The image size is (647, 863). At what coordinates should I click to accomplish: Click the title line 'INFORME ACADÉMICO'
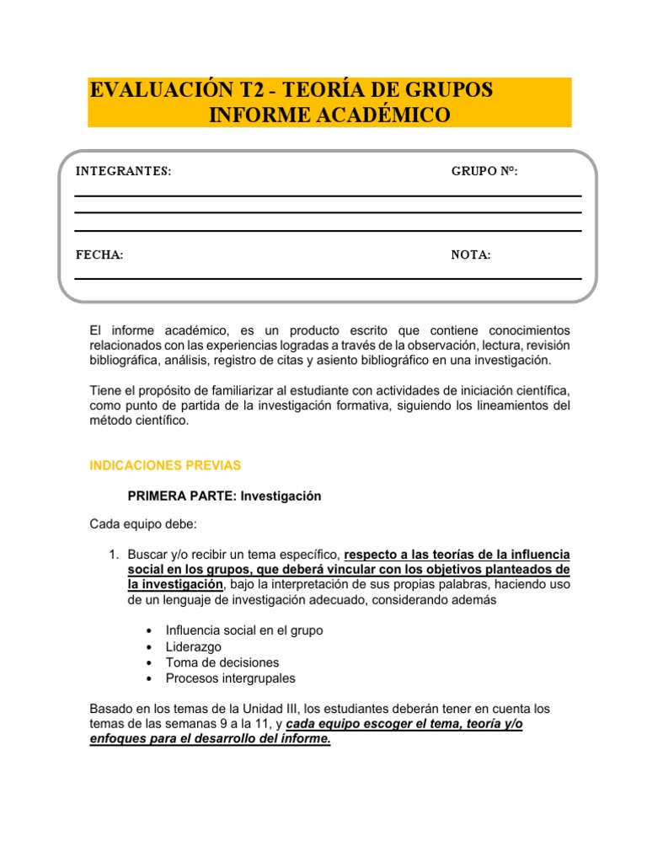(329, 115)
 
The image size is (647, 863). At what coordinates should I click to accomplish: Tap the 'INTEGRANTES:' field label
(123, 172)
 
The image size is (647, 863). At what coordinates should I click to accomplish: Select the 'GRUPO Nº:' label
(484, 172)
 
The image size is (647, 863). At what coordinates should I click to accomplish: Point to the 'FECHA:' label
(99, 255)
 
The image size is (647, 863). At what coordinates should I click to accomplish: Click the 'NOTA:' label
(471, 255)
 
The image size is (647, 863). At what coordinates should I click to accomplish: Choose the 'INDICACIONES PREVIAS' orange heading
(165, 465)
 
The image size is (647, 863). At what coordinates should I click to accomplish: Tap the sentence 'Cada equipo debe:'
(142, 525)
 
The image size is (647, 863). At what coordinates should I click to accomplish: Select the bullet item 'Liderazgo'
(193, 646)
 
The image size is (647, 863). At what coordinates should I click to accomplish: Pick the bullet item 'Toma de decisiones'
(222, 662)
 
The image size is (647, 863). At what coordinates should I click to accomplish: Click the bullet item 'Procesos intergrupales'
(230, 678)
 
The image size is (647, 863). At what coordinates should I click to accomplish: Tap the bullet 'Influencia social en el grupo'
(244, 630)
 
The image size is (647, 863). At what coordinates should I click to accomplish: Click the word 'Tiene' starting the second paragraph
(105, 390)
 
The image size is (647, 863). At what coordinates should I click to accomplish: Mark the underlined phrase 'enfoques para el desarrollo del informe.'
(210, 739)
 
